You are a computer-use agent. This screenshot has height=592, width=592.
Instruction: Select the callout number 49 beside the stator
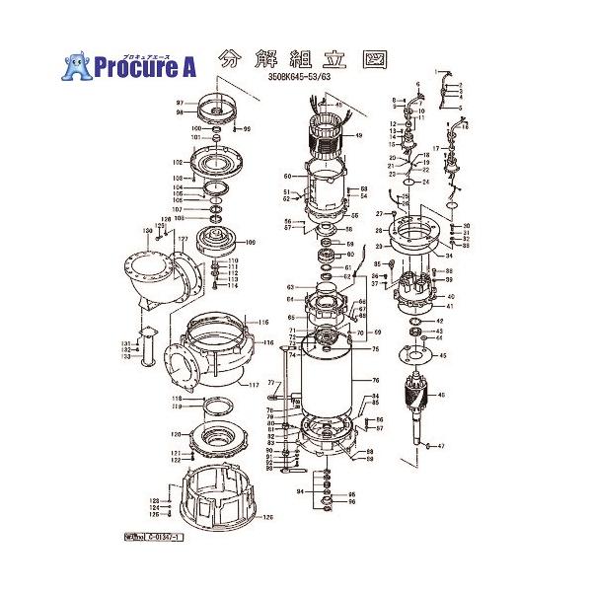(x=358, y=135)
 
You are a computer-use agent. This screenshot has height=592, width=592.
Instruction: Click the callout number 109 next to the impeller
(x=250, y=242)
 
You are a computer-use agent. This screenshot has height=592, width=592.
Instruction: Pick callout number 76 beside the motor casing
(x=375, y=381)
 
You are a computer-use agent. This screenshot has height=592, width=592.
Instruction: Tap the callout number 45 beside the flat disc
(x=443, y=356)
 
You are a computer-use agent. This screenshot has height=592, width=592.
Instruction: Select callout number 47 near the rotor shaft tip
(x=441, y=446)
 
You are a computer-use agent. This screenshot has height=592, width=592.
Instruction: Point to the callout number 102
(x=179, y=162)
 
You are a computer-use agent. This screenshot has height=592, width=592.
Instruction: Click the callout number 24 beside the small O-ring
(x=426, y=183)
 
